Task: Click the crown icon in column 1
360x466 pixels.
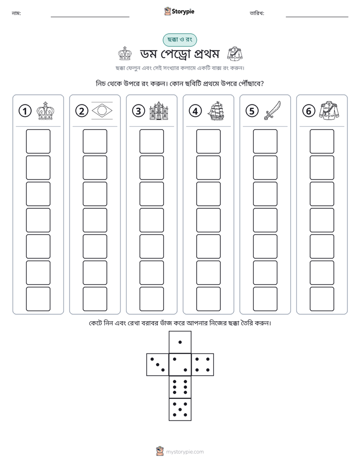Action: tap(45, 111)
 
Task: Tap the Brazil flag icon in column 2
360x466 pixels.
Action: tap(102, 111)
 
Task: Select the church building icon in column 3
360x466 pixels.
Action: tap(159, 111)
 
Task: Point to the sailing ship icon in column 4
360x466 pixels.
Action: tap(215, 111)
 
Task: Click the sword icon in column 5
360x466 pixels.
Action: tap(272, 110)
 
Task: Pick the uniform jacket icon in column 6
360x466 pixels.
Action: tap(329, 111)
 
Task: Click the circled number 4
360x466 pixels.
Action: tap(195, 111)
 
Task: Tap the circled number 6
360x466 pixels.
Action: tap(309, 111)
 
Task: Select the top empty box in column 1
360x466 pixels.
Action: tap(38, 141)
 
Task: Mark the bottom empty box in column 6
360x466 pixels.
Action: tap(322, 299)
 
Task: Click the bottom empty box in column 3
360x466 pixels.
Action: tap(151, 299)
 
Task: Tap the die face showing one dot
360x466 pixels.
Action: tap(180, 342)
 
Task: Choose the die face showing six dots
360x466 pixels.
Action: tap(180, 387)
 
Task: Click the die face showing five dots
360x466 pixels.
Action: tap(180, 410)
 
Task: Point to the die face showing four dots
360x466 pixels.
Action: tap(203, 365)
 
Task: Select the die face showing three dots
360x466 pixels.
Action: tap(157, 365)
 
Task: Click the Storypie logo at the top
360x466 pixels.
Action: tap(179, 12)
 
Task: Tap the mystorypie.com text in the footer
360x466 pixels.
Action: tap(185, 452)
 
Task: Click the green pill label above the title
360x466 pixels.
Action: tap(179, 40)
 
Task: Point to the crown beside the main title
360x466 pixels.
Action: tap(125, 54)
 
